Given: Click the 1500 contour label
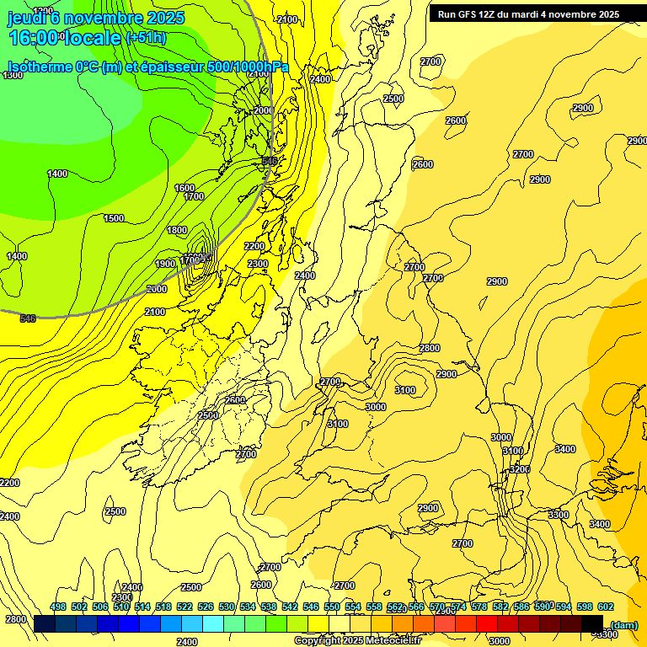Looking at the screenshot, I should click(x=114, y=218).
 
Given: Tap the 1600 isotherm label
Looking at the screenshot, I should click(x=184, y=188).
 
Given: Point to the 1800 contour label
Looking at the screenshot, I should click(x=177, y=230).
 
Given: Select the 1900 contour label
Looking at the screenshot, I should click(x=165, y=264).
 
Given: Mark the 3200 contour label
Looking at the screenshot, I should click(x=520, y=468).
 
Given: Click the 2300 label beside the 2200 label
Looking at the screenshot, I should click(x=258, y=264).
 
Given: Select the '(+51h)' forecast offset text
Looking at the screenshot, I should click(x=146, y=38).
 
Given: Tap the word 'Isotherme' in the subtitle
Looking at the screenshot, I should click(x=40, y=67).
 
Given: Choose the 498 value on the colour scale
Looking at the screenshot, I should click(x=58, y=607).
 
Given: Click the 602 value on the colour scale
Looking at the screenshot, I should click(x=605, y=607).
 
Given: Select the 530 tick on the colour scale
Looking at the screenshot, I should click(x=227, y=607).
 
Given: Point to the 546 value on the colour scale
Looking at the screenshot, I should click(x=311, y=607).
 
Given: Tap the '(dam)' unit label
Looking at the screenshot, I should click(x=623, y=624).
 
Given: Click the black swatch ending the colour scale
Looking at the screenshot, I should click(x=592, y=623).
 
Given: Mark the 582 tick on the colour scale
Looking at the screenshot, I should click(x=500, y=607).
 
